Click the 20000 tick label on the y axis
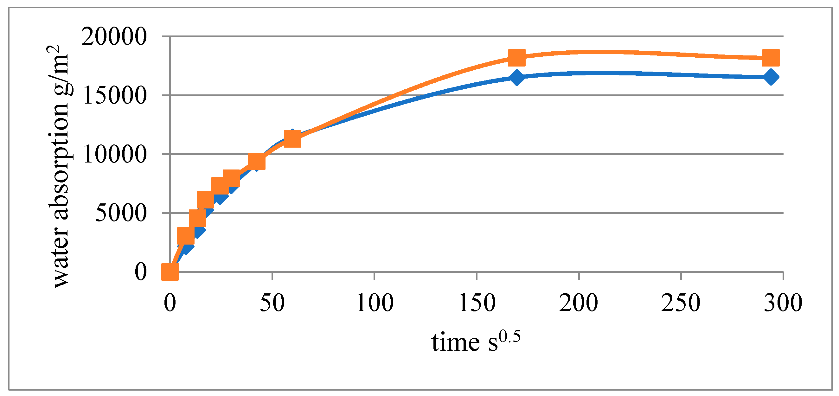click(114, 36)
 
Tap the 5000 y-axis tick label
click(121, 213)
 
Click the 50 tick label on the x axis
click(272, 303)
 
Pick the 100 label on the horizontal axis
click(375, 303)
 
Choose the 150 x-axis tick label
click(477, 303)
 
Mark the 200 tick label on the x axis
click(579, 303)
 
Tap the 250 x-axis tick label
click(681, 303)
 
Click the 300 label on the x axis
click(783, 303)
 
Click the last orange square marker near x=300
click(771, 58)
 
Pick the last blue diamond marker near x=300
click(771, 77)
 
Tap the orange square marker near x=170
click(517, 58)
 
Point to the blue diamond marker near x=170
click(517, 78)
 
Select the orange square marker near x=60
click(292, 139)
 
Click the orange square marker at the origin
click(170, 271)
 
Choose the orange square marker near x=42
click(256, 161)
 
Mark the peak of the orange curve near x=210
click(599, 51)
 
